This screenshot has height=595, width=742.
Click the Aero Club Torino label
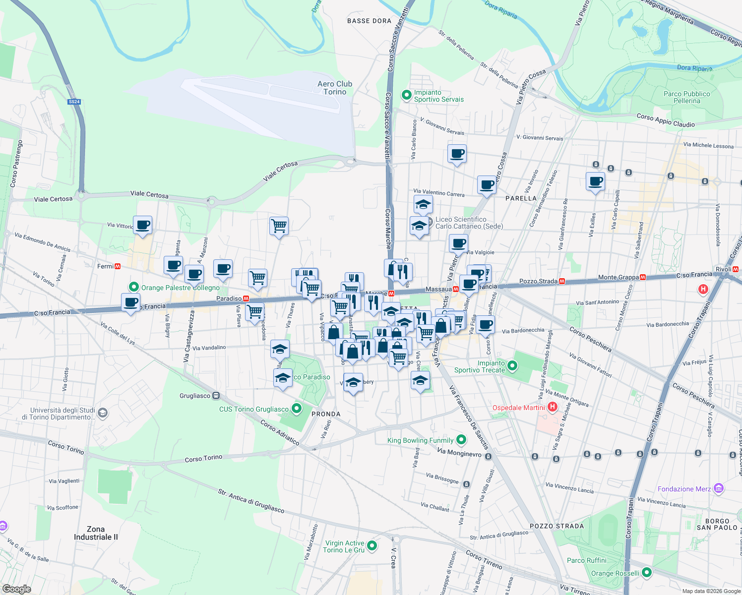click(335, 88)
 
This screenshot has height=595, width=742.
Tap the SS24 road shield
click(74, 102)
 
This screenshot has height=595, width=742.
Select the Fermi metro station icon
click(118, 266)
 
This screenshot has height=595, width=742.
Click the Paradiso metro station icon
click(246, 298)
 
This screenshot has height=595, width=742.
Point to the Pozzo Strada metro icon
click(562, 281)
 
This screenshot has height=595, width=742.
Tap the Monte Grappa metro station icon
click(643, 277)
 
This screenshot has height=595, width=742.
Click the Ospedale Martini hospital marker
click(553, 407)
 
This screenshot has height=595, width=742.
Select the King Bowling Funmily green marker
click(461, 440)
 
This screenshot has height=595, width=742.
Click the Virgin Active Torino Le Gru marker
click(371, 546)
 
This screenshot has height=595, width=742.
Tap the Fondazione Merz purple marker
click(719, 488)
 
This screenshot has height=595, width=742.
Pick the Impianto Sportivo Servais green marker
click(407, 94)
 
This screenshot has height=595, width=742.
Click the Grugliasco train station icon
click(216, 395)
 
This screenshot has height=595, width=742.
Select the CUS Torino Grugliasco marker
click(297, 409)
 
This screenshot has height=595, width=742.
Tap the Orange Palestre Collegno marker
click(133, 287)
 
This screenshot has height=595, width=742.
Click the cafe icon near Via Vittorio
click(143, 225)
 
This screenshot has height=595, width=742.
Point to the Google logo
click(16, 589)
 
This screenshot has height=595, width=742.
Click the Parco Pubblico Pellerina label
click(686, 97)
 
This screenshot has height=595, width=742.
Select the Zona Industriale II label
click(96, 533)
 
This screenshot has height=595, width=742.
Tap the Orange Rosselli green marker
click(647, 573)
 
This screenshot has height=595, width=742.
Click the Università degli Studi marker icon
click(103, 413)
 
